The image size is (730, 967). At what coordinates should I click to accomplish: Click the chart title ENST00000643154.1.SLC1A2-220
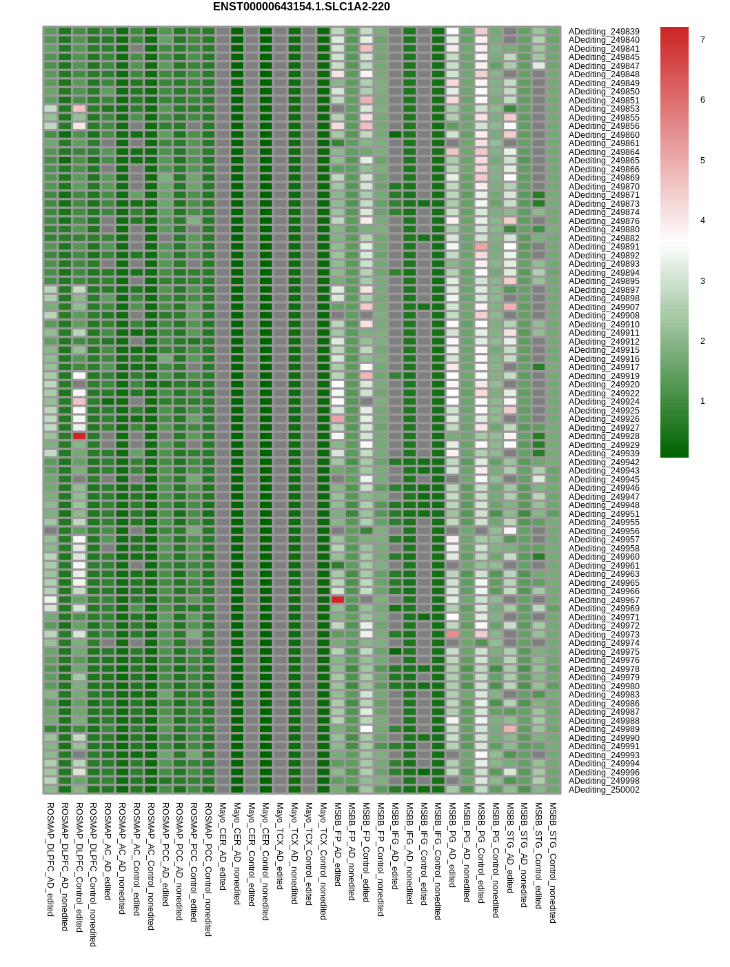[x=301, y=7]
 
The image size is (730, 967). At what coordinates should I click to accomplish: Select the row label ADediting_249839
[x=604, y=32]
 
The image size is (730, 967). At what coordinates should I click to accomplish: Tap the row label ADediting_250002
[x=604, y=790]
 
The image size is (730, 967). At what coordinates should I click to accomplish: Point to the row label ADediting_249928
[x=604, y=436]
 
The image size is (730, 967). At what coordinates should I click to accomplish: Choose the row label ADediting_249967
[x=604, y=600]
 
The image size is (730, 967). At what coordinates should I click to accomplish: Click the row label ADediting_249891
[x=604, y=247]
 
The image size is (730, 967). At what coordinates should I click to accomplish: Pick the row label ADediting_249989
[x=604, y=729]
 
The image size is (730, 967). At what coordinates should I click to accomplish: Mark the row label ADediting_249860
[x=604, y=135]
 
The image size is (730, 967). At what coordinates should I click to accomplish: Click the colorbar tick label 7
[x=702, y=40]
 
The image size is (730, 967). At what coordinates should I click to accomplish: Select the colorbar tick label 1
[x=702, y=401]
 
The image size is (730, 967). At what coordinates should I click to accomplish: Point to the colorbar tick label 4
[x=702, y=221]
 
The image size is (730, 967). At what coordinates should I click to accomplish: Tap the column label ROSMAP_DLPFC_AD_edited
[x=50, y=859]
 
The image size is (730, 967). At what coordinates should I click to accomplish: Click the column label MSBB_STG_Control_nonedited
[x=553, y=862]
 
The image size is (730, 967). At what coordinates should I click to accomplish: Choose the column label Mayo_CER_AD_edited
[x=223, y=846]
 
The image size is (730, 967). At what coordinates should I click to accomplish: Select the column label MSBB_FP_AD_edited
[x=338, y=844]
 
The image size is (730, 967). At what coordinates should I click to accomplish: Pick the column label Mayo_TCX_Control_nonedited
[x=323, y=860]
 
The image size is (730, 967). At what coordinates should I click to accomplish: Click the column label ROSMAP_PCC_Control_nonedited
[x=208, y=868]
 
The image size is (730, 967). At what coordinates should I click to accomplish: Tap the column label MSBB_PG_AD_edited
[x=452, y=844]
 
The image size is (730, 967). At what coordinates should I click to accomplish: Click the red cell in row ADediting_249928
[x=79, y=436]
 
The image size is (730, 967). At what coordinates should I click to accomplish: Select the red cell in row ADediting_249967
[x=338, y=600]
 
